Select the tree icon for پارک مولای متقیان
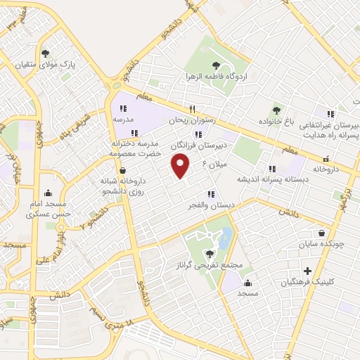click(x=46, y=53)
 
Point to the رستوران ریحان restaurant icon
click(x=191, y=109)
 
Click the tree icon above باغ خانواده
click(x=276, y=110)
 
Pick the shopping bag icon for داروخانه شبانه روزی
click(x=122, y=170)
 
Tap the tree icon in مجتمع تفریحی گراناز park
click(x=209, y=253)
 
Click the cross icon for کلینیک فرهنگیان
click(x=307, y=271)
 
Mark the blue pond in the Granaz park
click(x=224, y=240)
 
